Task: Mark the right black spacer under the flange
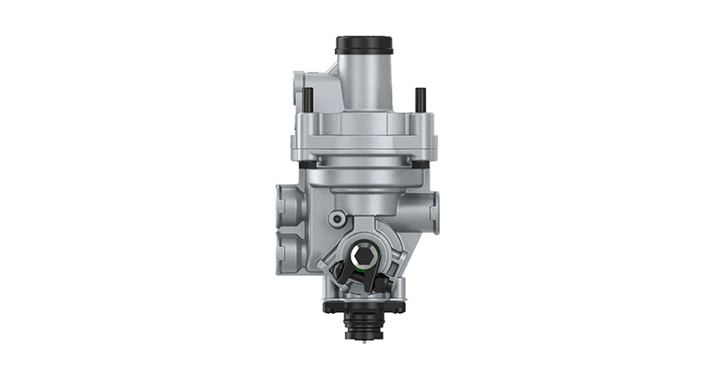pos(422,163)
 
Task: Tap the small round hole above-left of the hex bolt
pos(336,218)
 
